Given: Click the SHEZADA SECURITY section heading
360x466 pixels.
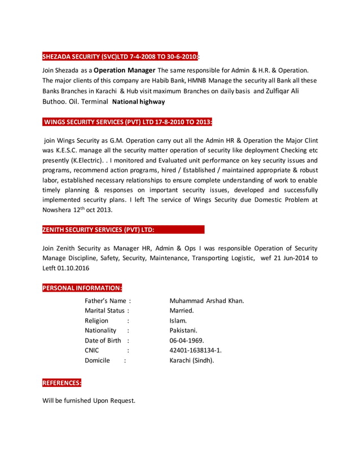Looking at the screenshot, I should pos(120,56).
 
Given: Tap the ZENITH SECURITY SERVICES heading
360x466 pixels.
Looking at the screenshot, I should pos(98,230).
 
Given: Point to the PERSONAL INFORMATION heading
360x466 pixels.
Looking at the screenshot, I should pos(82,288).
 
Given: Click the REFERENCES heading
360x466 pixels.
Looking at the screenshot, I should pos(62,383).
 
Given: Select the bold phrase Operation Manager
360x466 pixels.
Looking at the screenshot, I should pos(124,71).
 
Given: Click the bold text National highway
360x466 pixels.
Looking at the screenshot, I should pos(139,102).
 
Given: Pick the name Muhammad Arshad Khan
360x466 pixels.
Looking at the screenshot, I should pos(207,301).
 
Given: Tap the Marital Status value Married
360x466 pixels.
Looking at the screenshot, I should pos(182,310).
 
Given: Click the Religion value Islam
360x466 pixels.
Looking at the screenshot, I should pos(179,320).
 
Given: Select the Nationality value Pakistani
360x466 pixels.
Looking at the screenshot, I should pos(183,330).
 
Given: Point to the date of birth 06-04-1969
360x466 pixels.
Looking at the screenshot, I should pos(187,340).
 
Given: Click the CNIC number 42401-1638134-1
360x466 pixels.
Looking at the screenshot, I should pos(195,350).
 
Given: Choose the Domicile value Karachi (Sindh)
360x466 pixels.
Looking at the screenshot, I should pos(192,361).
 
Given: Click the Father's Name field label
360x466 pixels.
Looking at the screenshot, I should pos(106,301).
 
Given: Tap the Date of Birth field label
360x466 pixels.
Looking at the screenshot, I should pos(103,340).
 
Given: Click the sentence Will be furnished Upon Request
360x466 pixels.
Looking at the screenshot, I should pos(89,401).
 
